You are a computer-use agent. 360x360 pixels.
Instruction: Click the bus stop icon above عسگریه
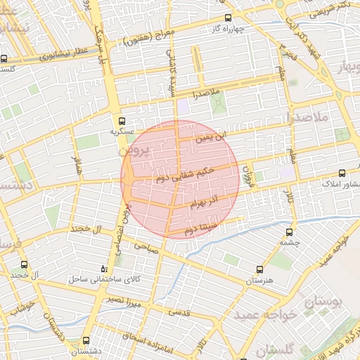tap(122, 121)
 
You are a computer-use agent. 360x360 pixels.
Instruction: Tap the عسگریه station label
tap(122, 131)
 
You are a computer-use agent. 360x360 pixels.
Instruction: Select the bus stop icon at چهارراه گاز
tap(227, 18)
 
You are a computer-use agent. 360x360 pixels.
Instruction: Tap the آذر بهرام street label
tap(205, 202)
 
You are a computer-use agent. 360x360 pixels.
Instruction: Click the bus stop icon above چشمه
tap(289, 233)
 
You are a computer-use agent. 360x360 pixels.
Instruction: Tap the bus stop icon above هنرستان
tap(259, 269)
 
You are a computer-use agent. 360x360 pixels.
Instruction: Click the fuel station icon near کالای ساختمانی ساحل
tap(105, 269)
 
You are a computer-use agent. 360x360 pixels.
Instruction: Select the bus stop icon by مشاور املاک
tap(342, 173)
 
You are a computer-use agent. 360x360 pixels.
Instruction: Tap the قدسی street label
tap(200, 314)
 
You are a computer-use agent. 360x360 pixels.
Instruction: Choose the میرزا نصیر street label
tap(124, 302)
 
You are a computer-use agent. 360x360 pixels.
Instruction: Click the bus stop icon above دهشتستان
tap(86, 340)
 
